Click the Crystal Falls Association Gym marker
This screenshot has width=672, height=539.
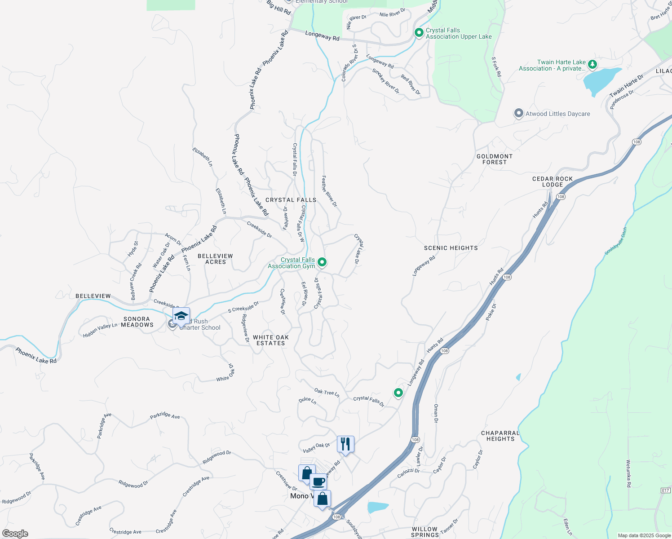(322, 262)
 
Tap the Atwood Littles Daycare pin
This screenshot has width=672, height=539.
(519, 113)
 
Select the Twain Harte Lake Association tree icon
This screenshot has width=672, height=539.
(592, 65)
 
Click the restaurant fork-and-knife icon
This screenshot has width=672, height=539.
(345, 444)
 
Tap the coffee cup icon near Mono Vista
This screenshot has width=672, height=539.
(318, 482)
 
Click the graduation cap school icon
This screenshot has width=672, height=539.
(181, 316)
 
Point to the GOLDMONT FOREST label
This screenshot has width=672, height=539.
(495, 159)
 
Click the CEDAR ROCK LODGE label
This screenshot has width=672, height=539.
(553, 181)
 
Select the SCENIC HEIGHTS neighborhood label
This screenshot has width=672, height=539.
(451, 248)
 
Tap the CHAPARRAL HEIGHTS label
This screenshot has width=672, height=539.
(500, 436)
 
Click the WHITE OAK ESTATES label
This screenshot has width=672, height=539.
(271, 340)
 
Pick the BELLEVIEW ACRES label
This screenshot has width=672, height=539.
(216, 259)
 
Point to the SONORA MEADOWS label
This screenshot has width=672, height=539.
(137, 322)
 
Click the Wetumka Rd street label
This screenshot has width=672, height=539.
(628, 473)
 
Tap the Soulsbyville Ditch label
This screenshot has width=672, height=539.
(615, 241)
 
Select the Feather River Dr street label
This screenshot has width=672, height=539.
(329, 191)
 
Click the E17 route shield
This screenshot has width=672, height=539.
(665, 490)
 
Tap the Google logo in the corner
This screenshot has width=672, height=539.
(15, 534)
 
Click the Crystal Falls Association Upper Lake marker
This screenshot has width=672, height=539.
(419, 33)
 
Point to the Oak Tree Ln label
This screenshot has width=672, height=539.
(327, 393)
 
